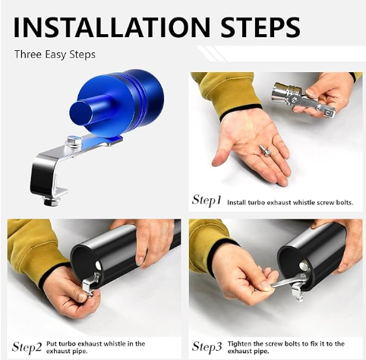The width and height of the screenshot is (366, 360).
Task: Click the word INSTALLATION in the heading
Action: tap(112, 27)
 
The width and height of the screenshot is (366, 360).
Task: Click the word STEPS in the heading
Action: tap(260, 27)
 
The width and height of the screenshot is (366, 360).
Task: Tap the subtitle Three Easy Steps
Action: tap(55, 55)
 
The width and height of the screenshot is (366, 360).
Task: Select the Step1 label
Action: tap(207, 201)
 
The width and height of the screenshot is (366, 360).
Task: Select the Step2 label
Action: tap(27, 347)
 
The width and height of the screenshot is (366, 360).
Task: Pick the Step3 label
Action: tap(207, 346)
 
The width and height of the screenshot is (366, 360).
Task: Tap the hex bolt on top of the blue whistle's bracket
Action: tap(74, 143)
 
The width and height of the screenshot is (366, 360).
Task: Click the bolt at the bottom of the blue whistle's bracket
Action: tap(52, 201)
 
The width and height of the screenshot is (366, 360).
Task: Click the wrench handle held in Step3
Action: tap(288, 282)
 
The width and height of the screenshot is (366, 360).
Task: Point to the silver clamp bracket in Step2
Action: tap(90, 283)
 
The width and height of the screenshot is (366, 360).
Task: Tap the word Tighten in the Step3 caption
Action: tap(239, 344)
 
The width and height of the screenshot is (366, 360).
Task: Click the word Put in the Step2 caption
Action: tap(52, 344)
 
